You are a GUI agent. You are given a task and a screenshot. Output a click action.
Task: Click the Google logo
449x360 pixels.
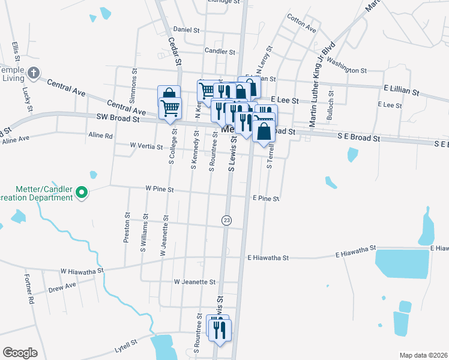pos(20,352)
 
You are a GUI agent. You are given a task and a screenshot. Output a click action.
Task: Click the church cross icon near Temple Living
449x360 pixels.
pos(34,73)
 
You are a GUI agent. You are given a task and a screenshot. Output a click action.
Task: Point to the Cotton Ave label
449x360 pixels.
pos(301,24)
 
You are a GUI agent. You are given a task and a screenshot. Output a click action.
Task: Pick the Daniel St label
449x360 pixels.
pos(186,29)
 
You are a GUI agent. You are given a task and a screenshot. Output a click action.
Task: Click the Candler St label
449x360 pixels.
pos(220,52)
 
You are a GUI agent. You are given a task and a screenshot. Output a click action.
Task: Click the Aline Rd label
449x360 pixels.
pos(100,136)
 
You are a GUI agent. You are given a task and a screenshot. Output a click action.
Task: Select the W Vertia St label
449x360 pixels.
pos(146,146)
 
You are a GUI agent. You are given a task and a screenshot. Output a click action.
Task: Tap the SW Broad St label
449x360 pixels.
pos(118,119)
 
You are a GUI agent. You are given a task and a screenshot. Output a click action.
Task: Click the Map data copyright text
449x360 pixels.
pos(423,355)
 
